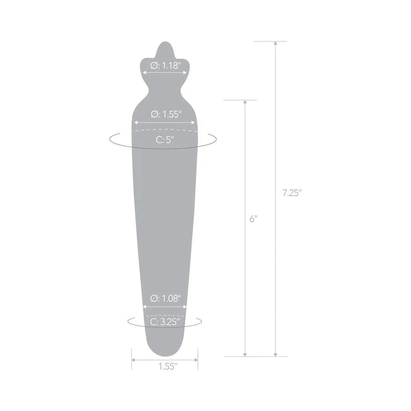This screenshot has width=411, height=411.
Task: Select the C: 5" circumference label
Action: pyautogui.click(x=165, y=140)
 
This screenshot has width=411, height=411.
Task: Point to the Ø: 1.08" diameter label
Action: pyautogui.click(x=166, y=299)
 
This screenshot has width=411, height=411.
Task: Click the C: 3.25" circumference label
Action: pyautogui.click(x=165, y=322)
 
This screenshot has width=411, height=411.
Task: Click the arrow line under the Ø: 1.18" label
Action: pyautogui.click(x=165, y=73)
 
